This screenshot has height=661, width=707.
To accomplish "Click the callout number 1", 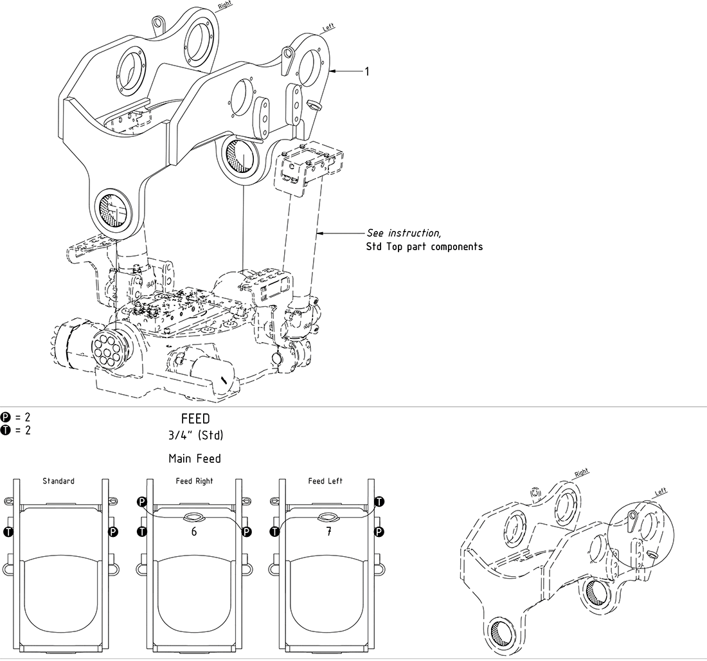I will (x=367, y=71).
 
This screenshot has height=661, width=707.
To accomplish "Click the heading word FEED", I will (x=195, y=419).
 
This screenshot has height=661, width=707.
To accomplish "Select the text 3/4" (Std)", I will (x=195, y=435).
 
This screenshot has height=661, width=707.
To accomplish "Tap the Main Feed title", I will (x=195, y=458).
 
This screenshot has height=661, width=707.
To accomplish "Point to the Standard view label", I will (x=58, y=481).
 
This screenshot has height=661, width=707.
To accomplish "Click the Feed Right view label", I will (x=194, y=481).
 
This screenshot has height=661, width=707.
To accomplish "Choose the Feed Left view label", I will (x=325, y=481).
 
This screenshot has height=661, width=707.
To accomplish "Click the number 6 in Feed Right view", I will (x=194, y=532).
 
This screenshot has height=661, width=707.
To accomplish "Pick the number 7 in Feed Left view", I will (x=328, y=532).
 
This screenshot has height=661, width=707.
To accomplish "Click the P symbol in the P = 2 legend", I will (x=6, y=417).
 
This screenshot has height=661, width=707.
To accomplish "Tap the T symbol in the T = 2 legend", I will (x=6, y=430).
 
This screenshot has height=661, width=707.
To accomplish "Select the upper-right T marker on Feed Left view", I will (x=379, y=501).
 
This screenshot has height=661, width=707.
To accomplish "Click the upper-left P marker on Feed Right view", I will (x=142, y=502).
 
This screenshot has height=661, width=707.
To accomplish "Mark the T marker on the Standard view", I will (x=8, y=531).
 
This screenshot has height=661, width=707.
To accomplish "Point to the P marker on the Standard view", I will (x=113, y=531).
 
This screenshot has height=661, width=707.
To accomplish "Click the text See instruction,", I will (x=404, y=232).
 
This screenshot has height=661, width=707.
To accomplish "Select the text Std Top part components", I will (x=424, y=246).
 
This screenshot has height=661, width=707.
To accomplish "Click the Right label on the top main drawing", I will (x=225, y=5).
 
